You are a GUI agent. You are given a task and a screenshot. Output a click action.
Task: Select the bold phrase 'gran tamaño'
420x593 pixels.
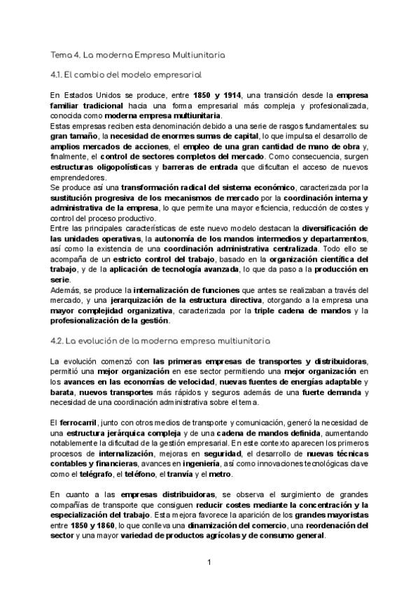(73, 136)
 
